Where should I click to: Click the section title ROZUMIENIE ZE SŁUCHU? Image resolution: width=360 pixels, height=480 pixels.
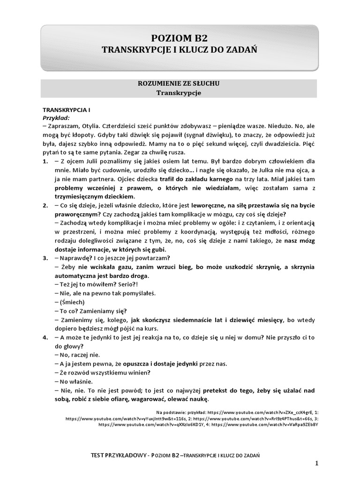click(179, 83)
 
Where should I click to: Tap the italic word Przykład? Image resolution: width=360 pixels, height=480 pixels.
click(56, 118)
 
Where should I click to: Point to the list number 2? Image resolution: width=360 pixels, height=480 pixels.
click(45, 206)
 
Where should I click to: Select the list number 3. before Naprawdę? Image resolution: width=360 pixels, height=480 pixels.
click(45, 258)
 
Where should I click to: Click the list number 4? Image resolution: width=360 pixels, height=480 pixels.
click(45, 337)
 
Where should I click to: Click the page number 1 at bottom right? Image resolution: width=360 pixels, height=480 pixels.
click(317, 464)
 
